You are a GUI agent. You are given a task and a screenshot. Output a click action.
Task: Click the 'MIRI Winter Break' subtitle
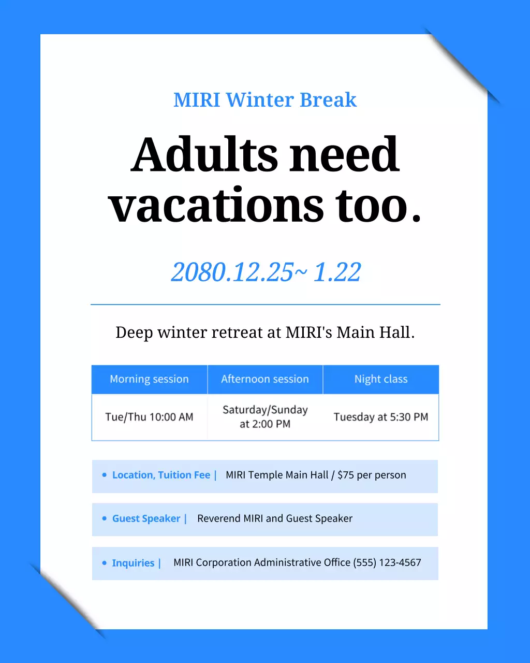click(265, 100)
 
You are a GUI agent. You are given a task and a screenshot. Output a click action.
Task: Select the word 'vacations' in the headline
click(216, 205)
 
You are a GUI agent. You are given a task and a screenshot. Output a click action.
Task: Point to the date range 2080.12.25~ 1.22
click(266, 272)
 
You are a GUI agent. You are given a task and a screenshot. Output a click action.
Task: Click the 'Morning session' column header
click(150, 379)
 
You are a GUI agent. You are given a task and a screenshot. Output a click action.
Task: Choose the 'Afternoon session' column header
click(265, 379)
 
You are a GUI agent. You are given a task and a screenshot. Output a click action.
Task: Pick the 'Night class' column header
click(381, 379)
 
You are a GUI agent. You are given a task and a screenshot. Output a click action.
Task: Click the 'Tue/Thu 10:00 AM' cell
click(150, 417)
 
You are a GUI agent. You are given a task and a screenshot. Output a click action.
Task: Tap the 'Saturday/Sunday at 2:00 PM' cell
click(265, 417)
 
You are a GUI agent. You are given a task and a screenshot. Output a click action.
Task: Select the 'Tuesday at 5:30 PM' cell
click(381, 417)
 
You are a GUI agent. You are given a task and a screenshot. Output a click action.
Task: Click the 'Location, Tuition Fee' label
click(161, 475)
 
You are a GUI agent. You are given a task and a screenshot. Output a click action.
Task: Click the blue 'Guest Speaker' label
click(146, 518)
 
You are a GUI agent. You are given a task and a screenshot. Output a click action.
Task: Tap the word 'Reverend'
click(218, 518)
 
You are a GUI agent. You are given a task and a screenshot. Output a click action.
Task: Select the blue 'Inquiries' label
click(133, 563)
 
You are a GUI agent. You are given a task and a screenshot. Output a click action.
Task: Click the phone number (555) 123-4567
click(387, 563)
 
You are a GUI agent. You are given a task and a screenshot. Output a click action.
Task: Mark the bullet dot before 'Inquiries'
click(105, 563)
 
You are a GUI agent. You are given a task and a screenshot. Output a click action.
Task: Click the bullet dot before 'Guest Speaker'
click(105, 518)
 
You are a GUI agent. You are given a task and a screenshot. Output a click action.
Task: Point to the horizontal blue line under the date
click(266, 305)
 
